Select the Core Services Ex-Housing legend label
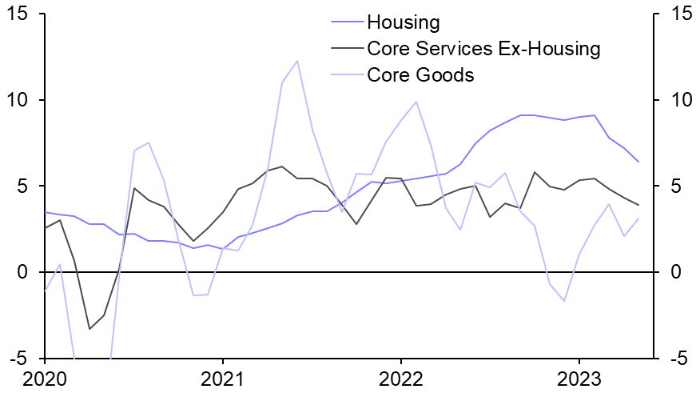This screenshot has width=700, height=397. click(483, 48)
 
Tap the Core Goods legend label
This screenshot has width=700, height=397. click(420, 75)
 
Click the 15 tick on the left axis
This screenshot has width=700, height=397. click(16, 14)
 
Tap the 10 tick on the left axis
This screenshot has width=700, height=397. click(16, 101)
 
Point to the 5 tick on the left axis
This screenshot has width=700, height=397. click(22, 186)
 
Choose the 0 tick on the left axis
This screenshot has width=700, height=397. click(22, 273)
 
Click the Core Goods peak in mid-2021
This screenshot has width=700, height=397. click(297, 61)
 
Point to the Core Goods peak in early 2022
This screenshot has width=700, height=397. click(416, 102)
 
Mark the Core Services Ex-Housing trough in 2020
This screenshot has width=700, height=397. click(89, 329)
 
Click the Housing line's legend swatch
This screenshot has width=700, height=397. click(345, 22)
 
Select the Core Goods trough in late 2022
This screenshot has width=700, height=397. click(565, 301)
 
